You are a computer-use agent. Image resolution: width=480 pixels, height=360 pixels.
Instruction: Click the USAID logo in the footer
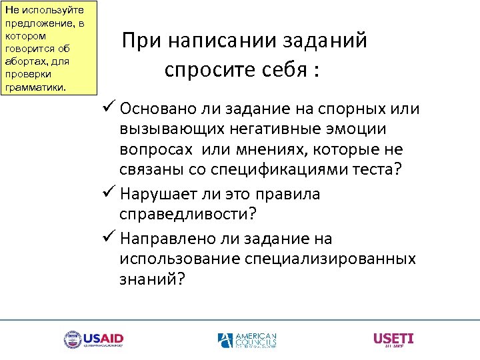pyautogui.click(x=93, y=339)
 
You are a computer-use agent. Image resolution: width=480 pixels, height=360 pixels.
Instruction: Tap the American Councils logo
pyautogui.click(x=247, y=340)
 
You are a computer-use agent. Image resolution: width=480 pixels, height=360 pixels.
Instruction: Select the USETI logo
pyautogui.click(x=393, y=339)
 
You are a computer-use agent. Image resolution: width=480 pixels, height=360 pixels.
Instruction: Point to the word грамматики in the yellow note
pyautogui.click(x=35, y=87)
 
